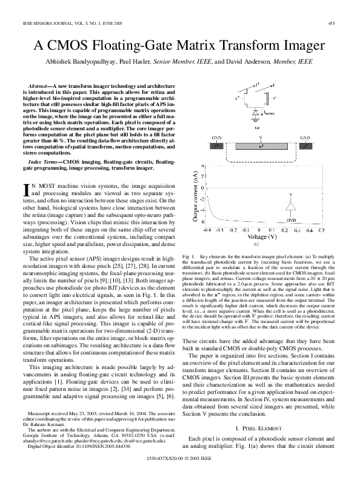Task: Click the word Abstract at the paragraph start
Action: (39, 87)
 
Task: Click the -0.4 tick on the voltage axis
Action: (207, 230)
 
